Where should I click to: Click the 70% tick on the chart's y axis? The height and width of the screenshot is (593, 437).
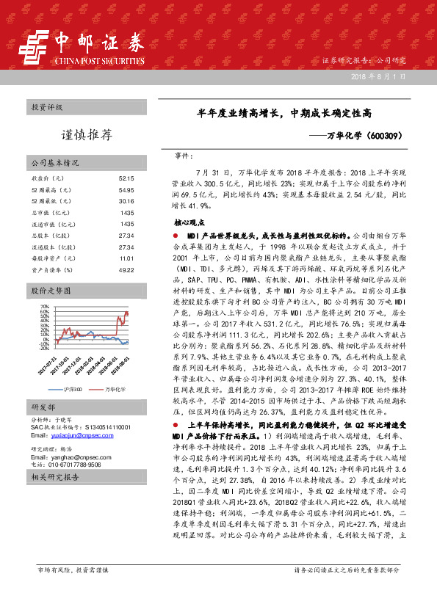click(44, 305)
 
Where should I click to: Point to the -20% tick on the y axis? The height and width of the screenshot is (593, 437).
click(43, 349)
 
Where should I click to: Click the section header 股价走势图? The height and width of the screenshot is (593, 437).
click(48, 291)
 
